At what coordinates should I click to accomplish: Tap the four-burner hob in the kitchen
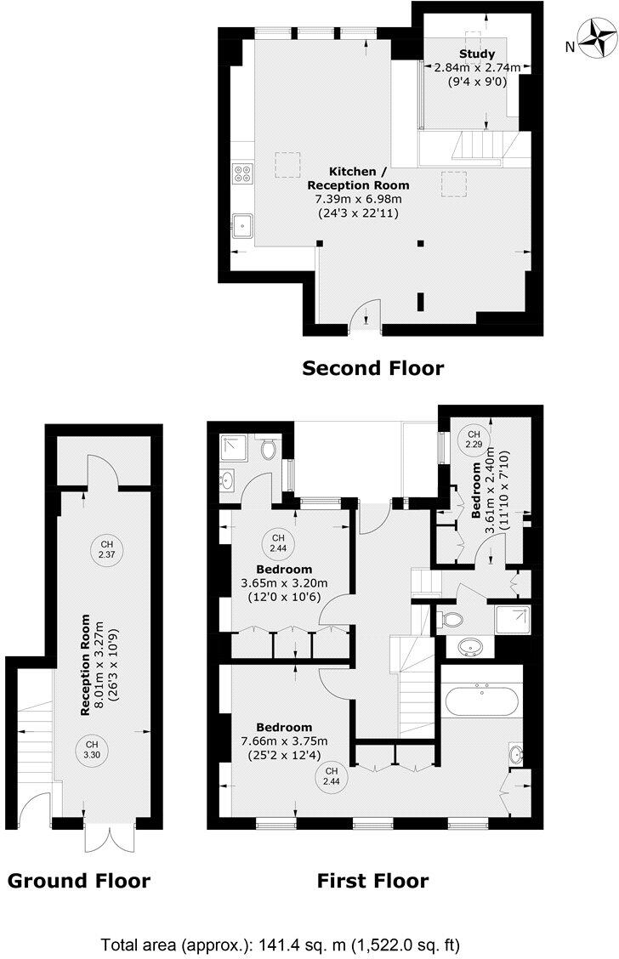point(242,173)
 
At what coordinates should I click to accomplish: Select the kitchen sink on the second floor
point(242,226)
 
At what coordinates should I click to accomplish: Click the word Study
point(476,54)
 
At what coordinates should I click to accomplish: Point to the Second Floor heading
point(373,368)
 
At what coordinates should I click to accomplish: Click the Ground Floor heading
point(79,881)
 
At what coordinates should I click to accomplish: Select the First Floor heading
point(373,881)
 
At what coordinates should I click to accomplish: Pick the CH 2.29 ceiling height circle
point(474,440)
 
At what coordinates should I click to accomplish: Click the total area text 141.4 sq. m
point(284,945)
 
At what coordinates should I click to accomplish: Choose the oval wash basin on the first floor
point(468,649)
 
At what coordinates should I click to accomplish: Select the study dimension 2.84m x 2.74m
point(477,68)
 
